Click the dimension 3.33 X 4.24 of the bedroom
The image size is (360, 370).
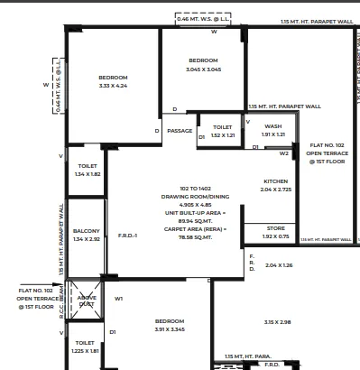click(x=114, y=87)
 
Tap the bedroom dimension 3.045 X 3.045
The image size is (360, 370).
click(x=203, y=69)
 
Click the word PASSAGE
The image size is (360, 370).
click(x=180, y=131)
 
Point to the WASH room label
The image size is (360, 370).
click(x=273, y=126)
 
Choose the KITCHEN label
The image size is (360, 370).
click(x=275, y=181)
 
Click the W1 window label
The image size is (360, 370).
click(x=118, y=299)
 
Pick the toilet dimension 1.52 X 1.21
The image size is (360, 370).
click(x=223, y=135)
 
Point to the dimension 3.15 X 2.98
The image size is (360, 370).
click(x=277, y=322)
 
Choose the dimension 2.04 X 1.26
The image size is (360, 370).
click(x=280, y=265)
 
